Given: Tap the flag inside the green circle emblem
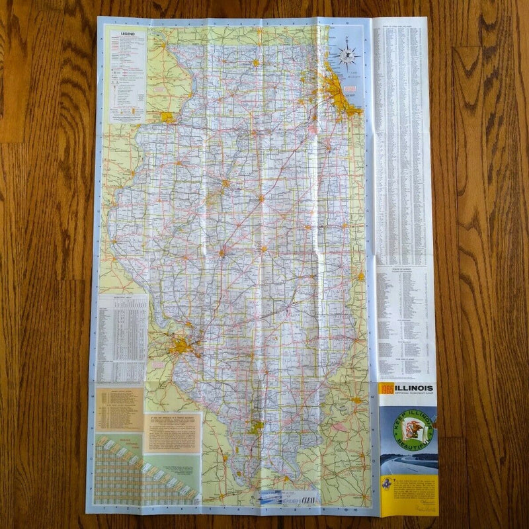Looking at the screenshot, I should (413, 431).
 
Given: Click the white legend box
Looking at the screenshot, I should (127, 74).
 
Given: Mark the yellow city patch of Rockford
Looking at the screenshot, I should (255, 63).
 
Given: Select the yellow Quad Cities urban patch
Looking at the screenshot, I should (167, 117).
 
